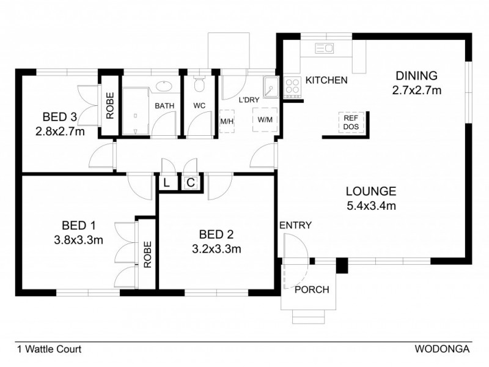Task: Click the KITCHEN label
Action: click(x=326, y=80)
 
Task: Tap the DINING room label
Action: click(x=416, y=76)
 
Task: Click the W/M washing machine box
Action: click(x=265, y=120)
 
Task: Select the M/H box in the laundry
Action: click(x=226, y=120)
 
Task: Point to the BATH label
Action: click(x=164, y=106)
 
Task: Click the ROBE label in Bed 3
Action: click(x=110, y=105)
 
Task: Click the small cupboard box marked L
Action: click(x=166, y=182)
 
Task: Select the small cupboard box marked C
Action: click(x=190, y=182)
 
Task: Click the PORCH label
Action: click(x=312, y=289)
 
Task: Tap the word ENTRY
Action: click(x=295, y=225)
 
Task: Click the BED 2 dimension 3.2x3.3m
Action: click(x=216, y=249)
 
